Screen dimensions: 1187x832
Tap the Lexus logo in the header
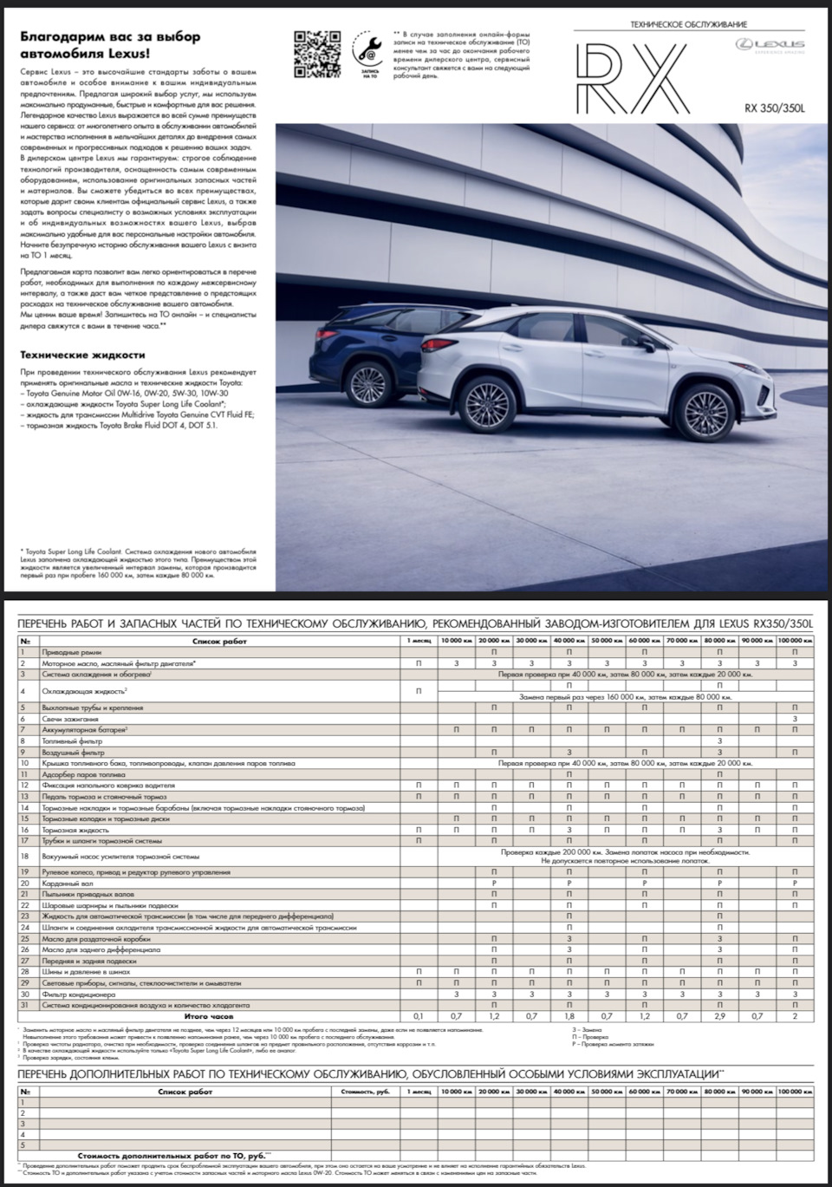click(770, 44)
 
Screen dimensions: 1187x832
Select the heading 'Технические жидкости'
click(82, 355)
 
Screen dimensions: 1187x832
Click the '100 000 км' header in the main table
click(794, 640)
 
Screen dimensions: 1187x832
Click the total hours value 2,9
click(719, 1015)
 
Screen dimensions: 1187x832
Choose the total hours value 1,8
click(569, 1015)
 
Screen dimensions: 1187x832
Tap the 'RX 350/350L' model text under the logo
click(774, 108)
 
